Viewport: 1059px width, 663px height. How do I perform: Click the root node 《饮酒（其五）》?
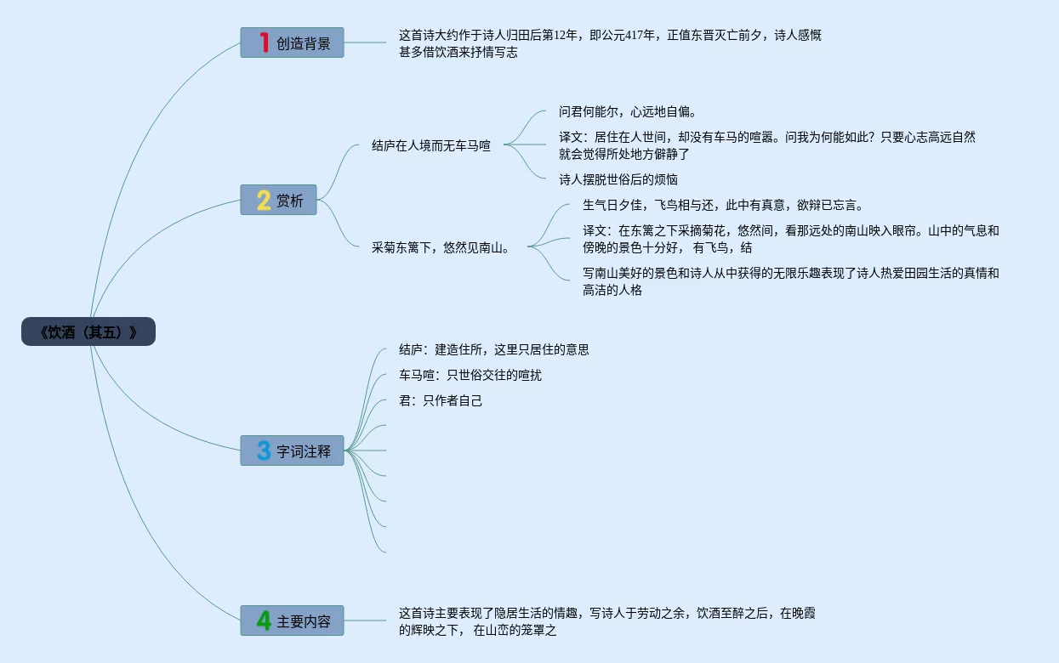[x=88, y=331]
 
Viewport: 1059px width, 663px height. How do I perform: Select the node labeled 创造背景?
[x=292, y=42]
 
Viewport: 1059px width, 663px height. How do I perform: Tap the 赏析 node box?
[x=278, y=201]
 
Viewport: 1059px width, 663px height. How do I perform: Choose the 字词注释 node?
[x=292, y=450]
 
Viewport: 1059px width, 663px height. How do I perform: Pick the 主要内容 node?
[x=292, y=620]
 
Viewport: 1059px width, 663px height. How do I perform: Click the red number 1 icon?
[x=264, y=42]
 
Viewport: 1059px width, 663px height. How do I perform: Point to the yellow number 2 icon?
[x=264, y=201]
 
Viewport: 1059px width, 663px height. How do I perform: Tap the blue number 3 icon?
[x=264, y=450]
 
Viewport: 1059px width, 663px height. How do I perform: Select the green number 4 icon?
[x=264, y=620]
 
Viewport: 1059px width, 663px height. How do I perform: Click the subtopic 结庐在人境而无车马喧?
[x=431, y=145]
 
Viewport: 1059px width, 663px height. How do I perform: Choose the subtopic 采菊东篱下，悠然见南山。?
[x=441, y=247]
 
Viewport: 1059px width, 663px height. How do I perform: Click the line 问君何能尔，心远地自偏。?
[x=627, y=111]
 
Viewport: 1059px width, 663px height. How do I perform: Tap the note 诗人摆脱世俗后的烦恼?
[x=618, y=179]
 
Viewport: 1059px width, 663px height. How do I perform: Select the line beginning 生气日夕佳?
[x=723, y=205]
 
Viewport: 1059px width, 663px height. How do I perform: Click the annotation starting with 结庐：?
[x=493, y=349]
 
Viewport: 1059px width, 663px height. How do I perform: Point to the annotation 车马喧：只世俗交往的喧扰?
[x=470, y=375]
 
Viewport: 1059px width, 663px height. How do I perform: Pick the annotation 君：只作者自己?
[x=440, y=400]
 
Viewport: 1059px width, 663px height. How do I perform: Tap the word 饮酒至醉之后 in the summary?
[x=732, y=613]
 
